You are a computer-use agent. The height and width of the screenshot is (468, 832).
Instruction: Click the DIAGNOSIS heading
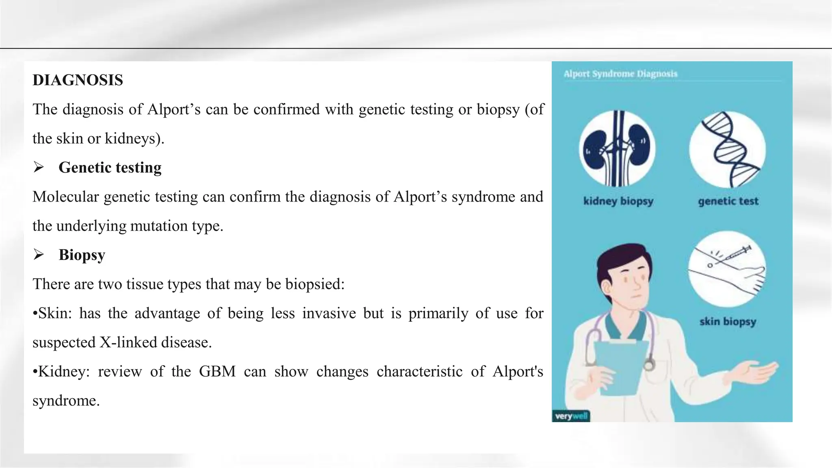click(78, 80)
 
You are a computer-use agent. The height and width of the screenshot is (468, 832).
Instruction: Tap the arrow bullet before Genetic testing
click(39, 167)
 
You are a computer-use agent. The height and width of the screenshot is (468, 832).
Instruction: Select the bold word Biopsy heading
click(82, 255)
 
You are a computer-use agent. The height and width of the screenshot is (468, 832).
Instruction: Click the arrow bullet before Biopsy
click(39, 255)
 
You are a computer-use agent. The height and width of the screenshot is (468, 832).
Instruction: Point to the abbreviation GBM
click(217, 371)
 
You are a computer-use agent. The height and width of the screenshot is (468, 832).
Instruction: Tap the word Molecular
click(65, 197)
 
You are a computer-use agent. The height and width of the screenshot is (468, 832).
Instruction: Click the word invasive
click(329, 313)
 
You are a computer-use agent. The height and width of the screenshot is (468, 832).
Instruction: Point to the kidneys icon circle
click(617, 149)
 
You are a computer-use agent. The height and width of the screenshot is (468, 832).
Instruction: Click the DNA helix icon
click(727, 149)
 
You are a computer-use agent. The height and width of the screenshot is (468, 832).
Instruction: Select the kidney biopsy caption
click(618, 201)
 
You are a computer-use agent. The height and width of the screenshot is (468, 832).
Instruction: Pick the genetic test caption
click(728, 201)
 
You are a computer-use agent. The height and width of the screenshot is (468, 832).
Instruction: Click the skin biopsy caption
click(728, 322)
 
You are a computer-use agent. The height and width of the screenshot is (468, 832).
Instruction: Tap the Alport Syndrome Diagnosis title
click(620, 74)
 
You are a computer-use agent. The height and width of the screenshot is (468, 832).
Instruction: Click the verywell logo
click(571, 416)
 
